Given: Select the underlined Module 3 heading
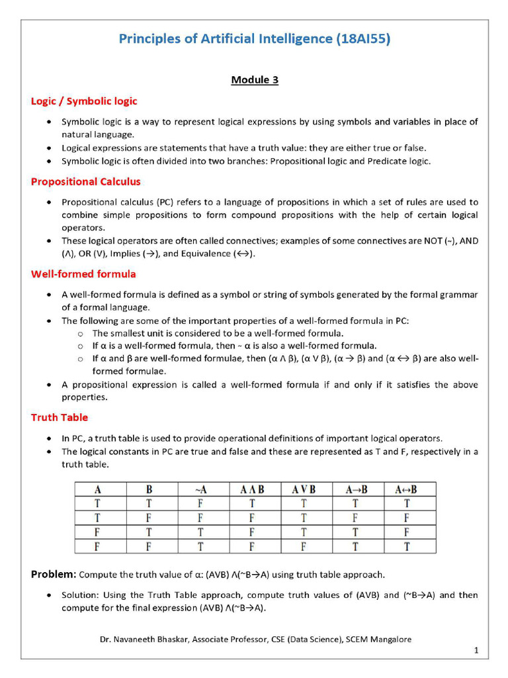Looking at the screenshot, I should click(x=255, y=80).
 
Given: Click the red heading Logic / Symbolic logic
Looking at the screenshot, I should click(x=84, y=101).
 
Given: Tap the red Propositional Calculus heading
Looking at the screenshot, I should click(x=85, y=181).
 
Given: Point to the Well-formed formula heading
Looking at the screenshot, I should click(x=83, y=273).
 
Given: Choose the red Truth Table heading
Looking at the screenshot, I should click(x=59, y=417).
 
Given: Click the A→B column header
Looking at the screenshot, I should click(x=357, y=490).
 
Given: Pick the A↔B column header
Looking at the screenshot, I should click(x=406, y=490).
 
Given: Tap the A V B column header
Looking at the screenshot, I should click(x=304, y=490).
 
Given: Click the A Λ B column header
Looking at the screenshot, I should click(x=252, y=490).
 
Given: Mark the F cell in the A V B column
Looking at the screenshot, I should click(x=304, y=546).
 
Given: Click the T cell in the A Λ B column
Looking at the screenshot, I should click(x=252, y=504).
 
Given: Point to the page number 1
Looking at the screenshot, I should click(x=476, y=651).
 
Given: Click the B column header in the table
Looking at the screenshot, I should click(x=149, y=490).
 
